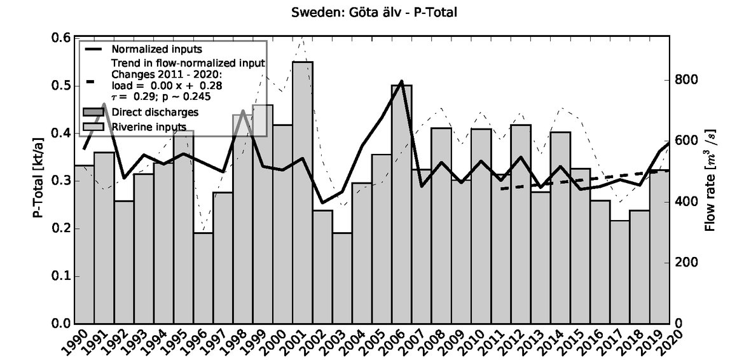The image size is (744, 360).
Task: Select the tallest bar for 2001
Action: tap(302, 191)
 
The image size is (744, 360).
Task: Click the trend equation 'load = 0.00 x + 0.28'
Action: tap(167, 85)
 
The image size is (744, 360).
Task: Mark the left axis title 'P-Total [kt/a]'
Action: tap(39, 181)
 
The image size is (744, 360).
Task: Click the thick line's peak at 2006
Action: tap(401, 81)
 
